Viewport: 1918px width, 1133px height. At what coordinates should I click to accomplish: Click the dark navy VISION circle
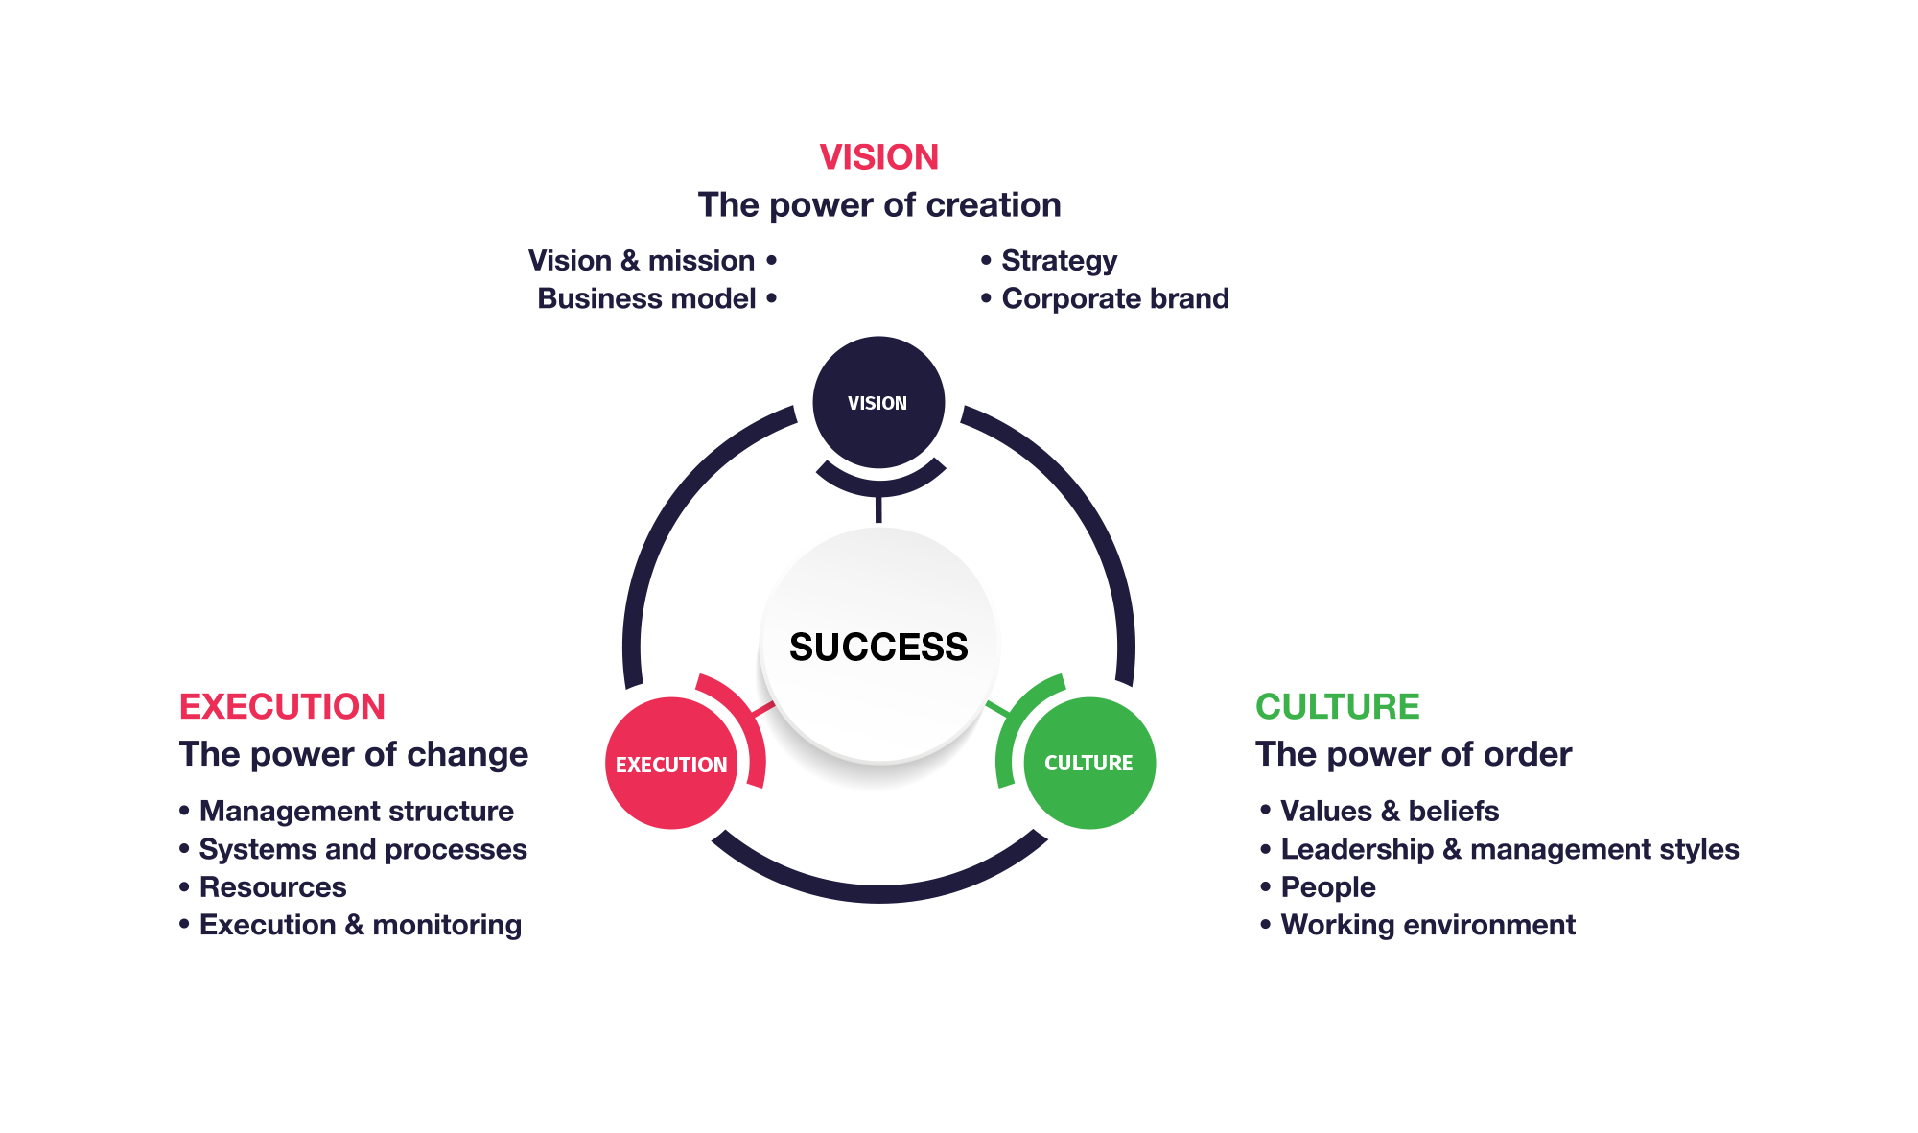click(878, 402)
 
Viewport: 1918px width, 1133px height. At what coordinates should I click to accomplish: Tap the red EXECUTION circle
click(671, 764)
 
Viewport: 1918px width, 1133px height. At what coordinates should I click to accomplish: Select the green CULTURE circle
click(1089, 764)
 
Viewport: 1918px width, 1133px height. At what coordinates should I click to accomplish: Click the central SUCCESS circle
click(878, 646)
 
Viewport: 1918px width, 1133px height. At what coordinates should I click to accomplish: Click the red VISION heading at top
click(879, 157)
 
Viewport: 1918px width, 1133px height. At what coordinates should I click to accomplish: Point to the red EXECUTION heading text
click(282, 707)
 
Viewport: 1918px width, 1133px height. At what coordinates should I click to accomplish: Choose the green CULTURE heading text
click(1338, 707)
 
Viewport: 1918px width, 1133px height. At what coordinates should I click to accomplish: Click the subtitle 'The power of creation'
click(879, 205)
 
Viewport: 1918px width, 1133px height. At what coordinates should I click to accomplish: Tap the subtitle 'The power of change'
click(354, 755)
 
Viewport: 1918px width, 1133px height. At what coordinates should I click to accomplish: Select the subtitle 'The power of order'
click(1414, 755)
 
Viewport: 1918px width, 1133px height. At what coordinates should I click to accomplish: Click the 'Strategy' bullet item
click(1049, 261)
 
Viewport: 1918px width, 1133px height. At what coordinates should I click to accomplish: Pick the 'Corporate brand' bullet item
click(1105, 299)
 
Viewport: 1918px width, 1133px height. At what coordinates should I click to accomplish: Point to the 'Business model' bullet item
click(657, 299)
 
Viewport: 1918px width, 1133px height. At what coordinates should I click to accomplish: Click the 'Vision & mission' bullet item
click(652, 261)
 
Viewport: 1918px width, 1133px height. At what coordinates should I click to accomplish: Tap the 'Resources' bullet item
click(263, 887)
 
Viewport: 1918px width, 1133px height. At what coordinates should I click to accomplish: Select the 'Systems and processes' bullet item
click(353, 850)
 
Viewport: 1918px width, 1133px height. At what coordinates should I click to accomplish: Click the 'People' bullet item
click(1318, 887)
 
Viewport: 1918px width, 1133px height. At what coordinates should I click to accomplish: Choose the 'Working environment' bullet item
click(1417, 925)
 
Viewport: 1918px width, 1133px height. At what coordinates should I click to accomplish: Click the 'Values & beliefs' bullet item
click(1379, 812)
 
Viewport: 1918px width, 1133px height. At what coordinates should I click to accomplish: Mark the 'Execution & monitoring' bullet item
click(350, 925)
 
